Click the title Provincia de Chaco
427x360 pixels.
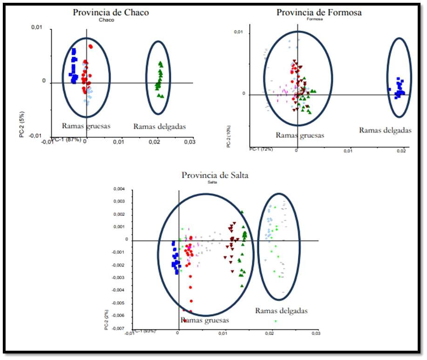(x=111, y=13)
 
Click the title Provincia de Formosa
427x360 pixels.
(x=319, y=13)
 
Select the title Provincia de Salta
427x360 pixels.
(x=215, y=175)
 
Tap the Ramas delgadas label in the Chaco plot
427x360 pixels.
(x=159, y=126)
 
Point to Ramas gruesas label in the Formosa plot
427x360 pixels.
(x=300, y=135)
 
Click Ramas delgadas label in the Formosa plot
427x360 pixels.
(x=385, y=131)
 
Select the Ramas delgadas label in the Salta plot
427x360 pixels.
(x=281, y=311)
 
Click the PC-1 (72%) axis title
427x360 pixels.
(x=260, y=149)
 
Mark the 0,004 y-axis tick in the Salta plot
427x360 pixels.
(x=120, y=189)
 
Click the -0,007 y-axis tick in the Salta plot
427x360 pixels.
(x=119, y=328)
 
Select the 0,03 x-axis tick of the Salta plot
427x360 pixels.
(x=315, y=333)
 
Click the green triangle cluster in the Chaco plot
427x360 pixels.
(x=159, y=79)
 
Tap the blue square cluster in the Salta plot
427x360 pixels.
(x=175, y=258)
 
